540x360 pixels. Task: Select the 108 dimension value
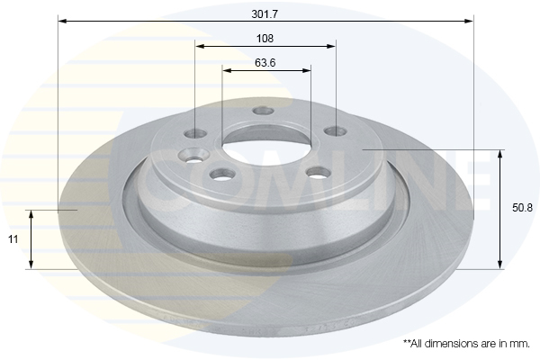265,39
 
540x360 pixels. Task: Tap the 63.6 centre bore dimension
265,63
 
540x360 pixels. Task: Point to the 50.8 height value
522,207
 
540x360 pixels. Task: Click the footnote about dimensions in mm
466,344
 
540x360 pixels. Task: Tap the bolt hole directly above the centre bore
263,111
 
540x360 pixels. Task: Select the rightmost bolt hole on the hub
336,131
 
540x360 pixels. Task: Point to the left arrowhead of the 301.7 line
61,19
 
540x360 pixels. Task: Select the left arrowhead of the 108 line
199,45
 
